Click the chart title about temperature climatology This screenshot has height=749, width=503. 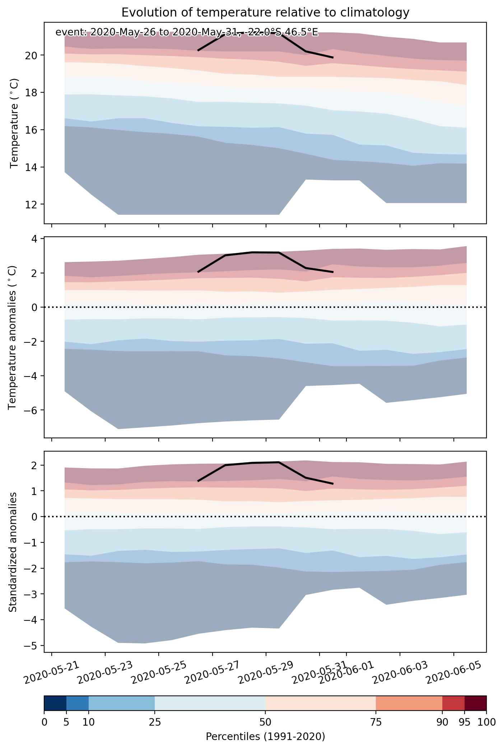click(265, 13)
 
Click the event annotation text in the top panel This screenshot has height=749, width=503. click(187, 32)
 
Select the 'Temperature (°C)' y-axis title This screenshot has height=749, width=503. click(14, 123)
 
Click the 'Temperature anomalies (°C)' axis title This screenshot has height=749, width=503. click(12, 337)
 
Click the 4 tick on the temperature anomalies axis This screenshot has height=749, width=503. click(37, 239)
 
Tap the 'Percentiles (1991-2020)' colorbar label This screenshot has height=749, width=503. click(265, 737)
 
